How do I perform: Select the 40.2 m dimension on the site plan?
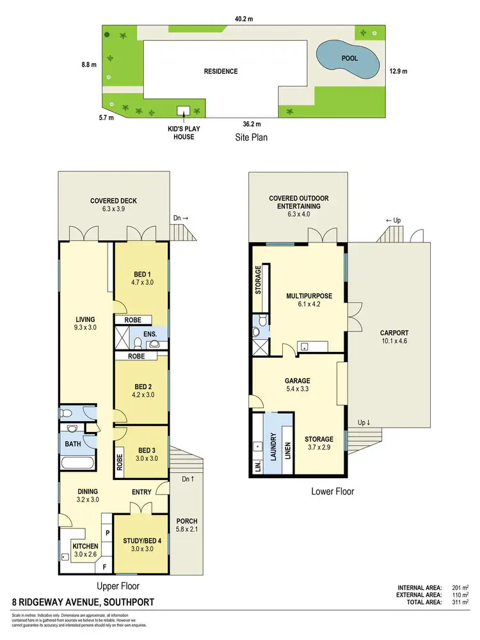[243, 19]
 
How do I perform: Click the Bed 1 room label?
[142, 277]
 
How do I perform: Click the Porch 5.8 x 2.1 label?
[186, 525]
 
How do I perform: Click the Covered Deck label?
[113, 205]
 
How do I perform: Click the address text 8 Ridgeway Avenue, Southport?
[83, 602]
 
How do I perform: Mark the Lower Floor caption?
[332, 492]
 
